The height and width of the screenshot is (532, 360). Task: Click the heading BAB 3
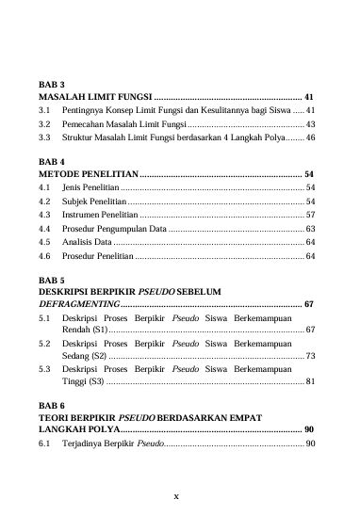point(50,84)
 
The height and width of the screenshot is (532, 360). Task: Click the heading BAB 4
point(50,162)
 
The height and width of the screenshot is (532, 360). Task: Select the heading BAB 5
point(50,280)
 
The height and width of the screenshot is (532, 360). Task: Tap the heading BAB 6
point(50,403)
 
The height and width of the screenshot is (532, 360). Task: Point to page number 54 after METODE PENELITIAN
point(309,174)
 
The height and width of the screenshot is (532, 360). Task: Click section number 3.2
point(43,123)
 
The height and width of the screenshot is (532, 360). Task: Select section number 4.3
point(43,215)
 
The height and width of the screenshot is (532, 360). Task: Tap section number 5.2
point(43,345)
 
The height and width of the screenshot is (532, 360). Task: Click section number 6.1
point(43,443)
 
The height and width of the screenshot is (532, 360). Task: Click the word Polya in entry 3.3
point(272,137)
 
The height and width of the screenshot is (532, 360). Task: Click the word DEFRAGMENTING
point(78,305)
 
